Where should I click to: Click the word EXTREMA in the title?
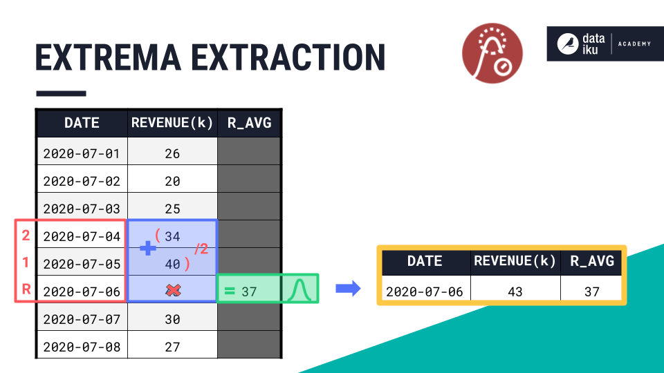tap(108, 57)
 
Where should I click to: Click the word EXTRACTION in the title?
tap(288, 57)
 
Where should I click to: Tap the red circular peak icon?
tap(492, 53)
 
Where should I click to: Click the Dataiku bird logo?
tap(567, 44)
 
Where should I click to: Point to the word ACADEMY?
tap(634, 44)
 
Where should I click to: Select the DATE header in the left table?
tap(82, 123)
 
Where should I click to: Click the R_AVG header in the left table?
tap(250, 123)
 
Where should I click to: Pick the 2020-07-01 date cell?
tap(82, 153)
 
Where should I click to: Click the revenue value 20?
tap(172, 182)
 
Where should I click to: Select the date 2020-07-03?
tap(82, 209)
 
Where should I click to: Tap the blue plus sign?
tap(148, 248)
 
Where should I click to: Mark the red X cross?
tap(173, 291)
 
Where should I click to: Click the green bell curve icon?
tap(299, 290)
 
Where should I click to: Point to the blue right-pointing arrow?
tap(348, 289)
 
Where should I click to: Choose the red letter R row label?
tap(26, 289)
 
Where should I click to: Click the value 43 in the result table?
tap(515, 291)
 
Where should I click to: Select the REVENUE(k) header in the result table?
tap(515, 261)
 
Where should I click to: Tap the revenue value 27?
tap(172, 347)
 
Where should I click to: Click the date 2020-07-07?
tap(82, 319)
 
